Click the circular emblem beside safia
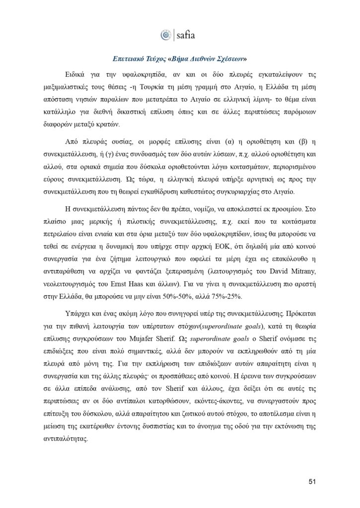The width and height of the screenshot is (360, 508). point(166,35)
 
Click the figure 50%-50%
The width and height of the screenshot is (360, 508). point(202,294)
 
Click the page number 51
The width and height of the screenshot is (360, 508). point(312,481)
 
